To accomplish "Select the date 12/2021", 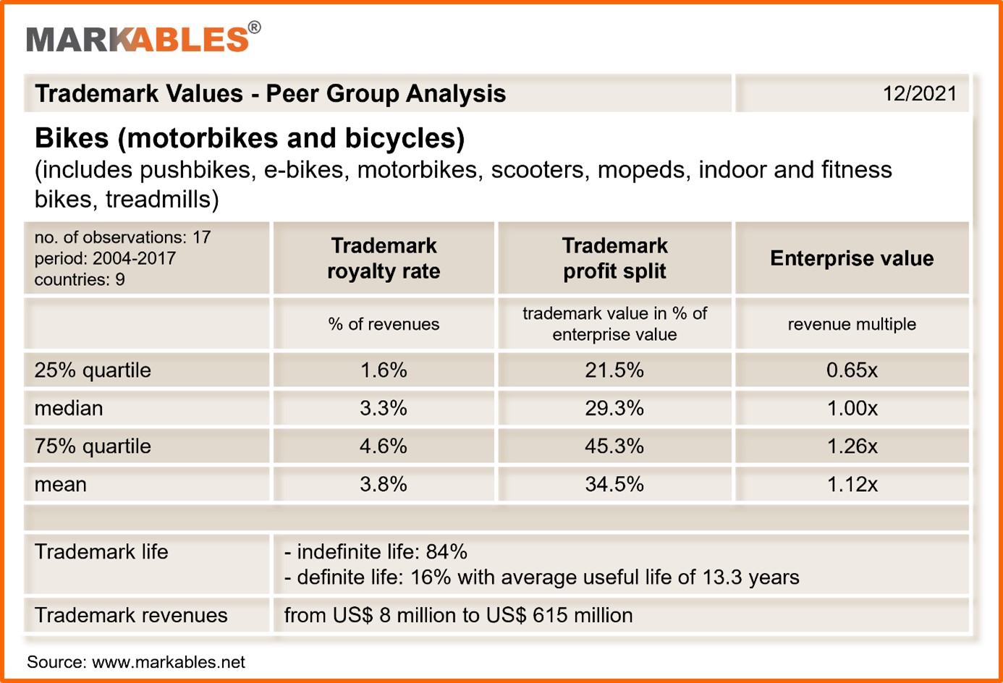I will [919, 94].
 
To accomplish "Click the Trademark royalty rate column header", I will [384, 258].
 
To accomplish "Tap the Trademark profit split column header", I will [614, 258].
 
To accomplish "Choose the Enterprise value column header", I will [852, 258].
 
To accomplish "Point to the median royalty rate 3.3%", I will [384, 408].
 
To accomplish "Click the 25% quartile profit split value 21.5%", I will [614, 370].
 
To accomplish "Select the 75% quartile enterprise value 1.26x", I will [852, 446].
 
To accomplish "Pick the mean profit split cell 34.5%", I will [614, 484].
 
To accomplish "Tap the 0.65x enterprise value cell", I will [852, 370].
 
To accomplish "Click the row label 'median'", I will [69, 408].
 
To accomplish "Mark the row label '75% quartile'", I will [93, 446].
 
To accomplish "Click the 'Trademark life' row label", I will [101, 552].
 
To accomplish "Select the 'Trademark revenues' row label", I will [131, 615].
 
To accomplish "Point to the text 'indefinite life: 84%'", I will [381, 552].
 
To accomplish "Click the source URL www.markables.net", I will [168, 662].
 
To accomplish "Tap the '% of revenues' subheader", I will [384, 324].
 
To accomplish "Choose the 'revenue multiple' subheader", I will [852, 324].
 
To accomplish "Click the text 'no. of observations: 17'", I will [122, 237].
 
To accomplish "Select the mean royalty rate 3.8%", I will [384, 484].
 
